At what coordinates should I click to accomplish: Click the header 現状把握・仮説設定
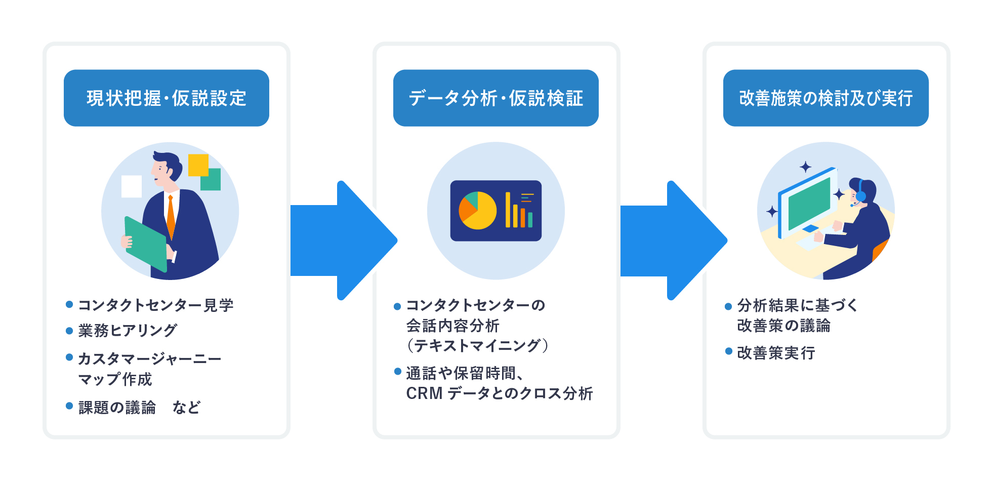166,98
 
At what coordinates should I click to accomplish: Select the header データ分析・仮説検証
496,98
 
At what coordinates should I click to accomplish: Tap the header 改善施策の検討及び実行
825,98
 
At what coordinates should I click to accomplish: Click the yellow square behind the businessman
198,165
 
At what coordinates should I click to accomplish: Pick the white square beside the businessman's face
132,186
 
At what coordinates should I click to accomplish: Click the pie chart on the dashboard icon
477,211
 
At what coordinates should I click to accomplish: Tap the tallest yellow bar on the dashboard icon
508,210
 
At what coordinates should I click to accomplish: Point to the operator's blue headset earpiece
860,196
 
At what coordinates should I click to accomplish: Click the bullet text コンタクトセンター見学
155,305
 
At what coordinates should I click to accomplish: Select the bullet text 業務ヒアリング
128,331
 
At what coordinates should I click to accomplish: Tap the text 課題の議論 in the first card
117,408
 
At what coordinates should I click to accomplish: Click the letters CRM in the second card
424,393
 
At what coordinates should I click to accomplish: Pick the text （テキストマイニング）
477,346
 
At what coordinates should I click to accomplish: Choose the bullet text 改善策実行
776,353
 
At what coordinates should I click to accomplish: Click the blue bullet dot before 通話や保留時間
398,372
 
